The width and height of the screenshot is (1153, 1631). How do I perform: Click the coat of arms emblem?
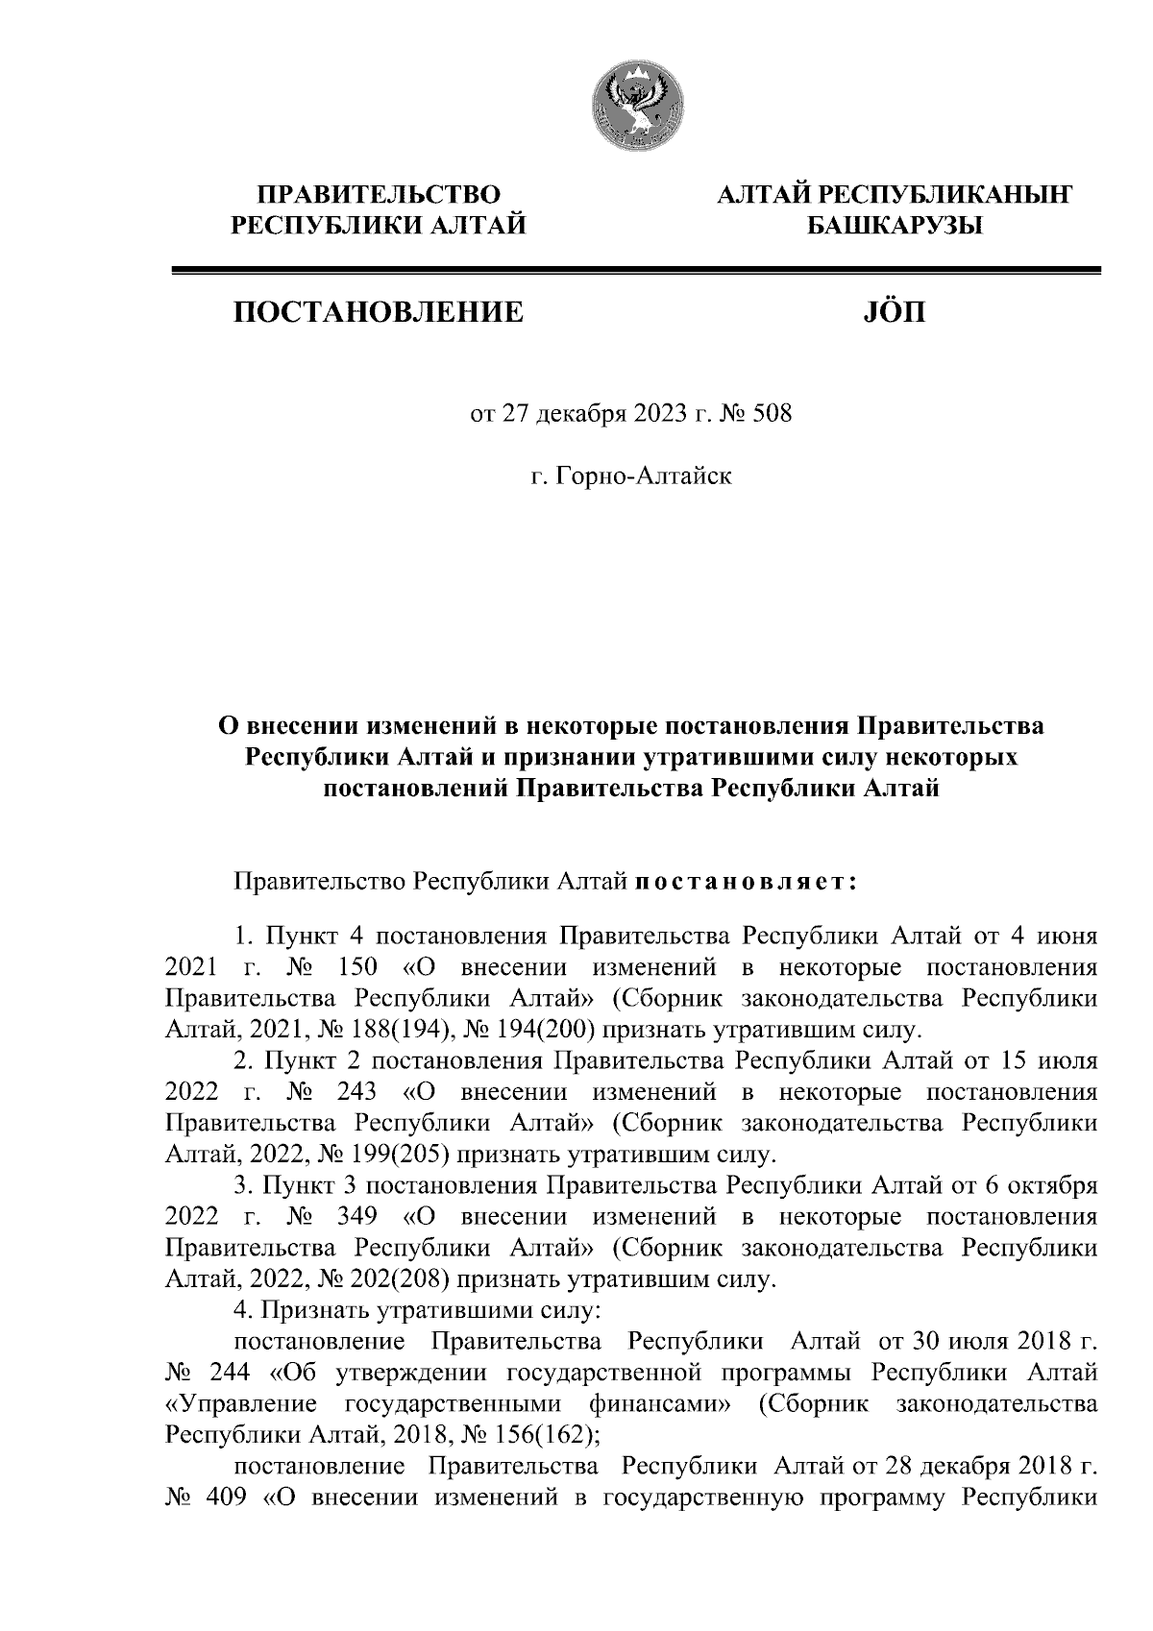pyautogui.click(x=635, y=106)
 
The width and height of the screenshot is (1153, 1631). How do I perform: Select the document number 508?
pyautogui.click(x=775, y=416)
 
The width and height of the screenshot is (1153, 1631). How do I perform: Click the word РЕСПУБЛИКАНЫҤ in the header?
pyautogui.click(x=944, y=195)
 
